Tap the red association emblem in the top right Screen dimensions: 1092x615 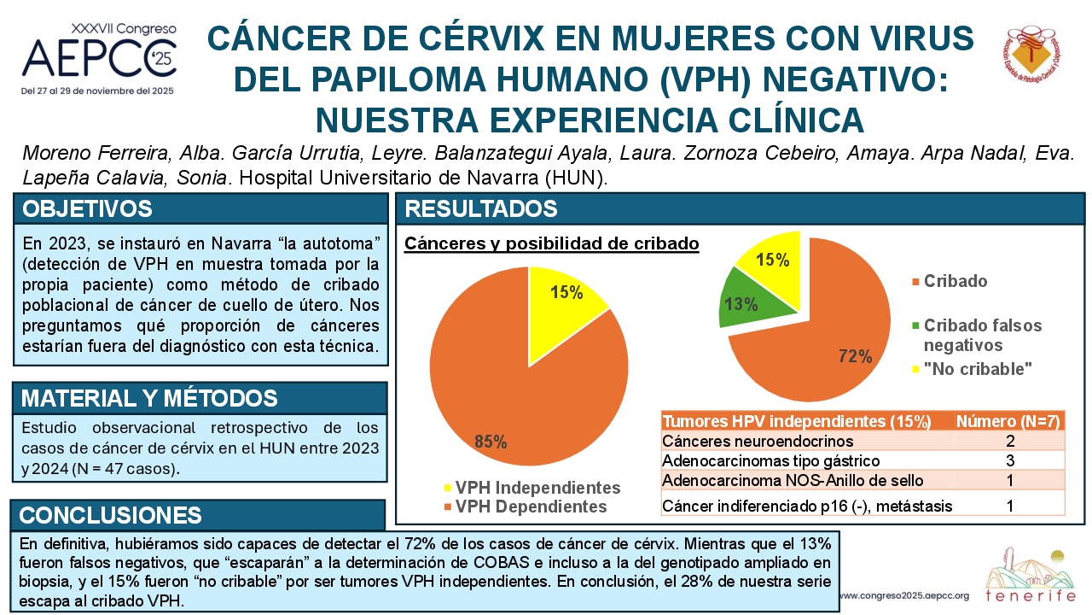coord(1031,55)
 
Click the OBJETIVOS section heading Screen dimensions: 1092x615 coord(87,209)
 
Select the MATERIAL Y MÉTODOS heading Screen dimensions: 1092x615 coord(149,398)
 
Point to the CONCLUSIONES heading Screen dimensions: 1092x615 coord(110,515)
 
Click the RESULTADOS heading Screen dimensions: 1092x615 coord(480,209)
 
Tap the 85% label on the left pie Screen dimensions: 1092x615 coord(491,442)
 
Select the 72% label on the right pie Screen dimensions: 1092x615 coord(855,356)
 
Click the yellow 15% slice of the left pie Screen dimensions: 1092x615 coord(561,302)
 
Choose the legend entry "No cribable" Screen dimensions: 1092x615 coord(972,369)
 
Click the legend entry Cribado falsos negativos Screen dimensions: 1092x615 coord(977,336)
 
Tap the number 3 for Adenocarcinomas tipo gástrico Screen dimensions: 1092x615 coord(1010,460)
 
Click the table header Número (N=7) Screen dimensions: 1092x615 coord(1008,421)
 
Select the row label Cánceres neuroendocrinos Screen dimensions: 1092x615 coord(758,442)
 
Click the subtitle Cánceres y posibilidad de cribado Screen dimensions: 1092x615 coord(552,243)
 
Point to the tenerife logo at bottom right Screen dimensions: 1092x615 coord(1031,576)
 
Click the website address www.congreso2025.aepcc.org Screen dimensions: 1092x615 coord(905,596)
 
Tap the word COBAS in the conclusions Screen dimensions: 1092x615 coord(502,563)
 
